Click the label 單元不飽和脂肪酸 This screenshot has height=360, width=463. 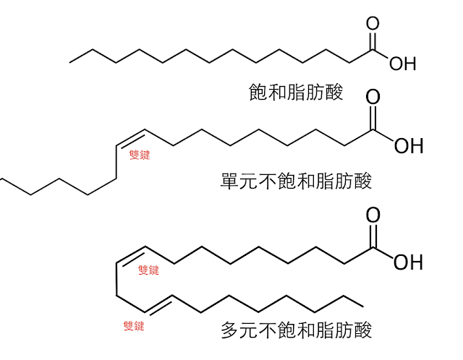[x=296, y=180]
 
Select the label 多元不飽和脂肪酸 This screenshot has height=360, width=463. [x=296, y=331]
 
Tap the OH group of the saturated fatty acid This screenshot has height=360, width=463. [x=403, y=64]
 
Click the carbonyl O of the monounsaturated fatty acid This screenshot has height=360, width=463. [x=373, y=98]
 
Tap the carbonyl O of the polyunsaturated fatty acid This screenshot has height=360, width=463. [x=373, y=215]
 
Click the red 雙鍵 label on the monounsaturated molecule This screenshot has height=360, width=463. [x=139, y=155]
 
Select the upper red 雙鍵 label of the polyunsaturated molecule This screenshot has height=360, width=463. [x=148, y=270]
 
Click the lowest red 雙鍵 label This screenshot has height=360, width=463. [x=134, y=326]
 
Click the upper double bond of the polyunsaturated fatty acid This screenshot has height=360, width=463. [x=132, y=254]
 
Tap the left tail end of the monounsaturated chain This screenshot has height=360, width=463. [x=2, y=178]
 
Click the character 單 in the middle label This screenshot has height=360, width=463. [x=229, y=180]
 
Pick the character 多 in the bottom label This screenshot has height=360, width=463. [x=229, y=331]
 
